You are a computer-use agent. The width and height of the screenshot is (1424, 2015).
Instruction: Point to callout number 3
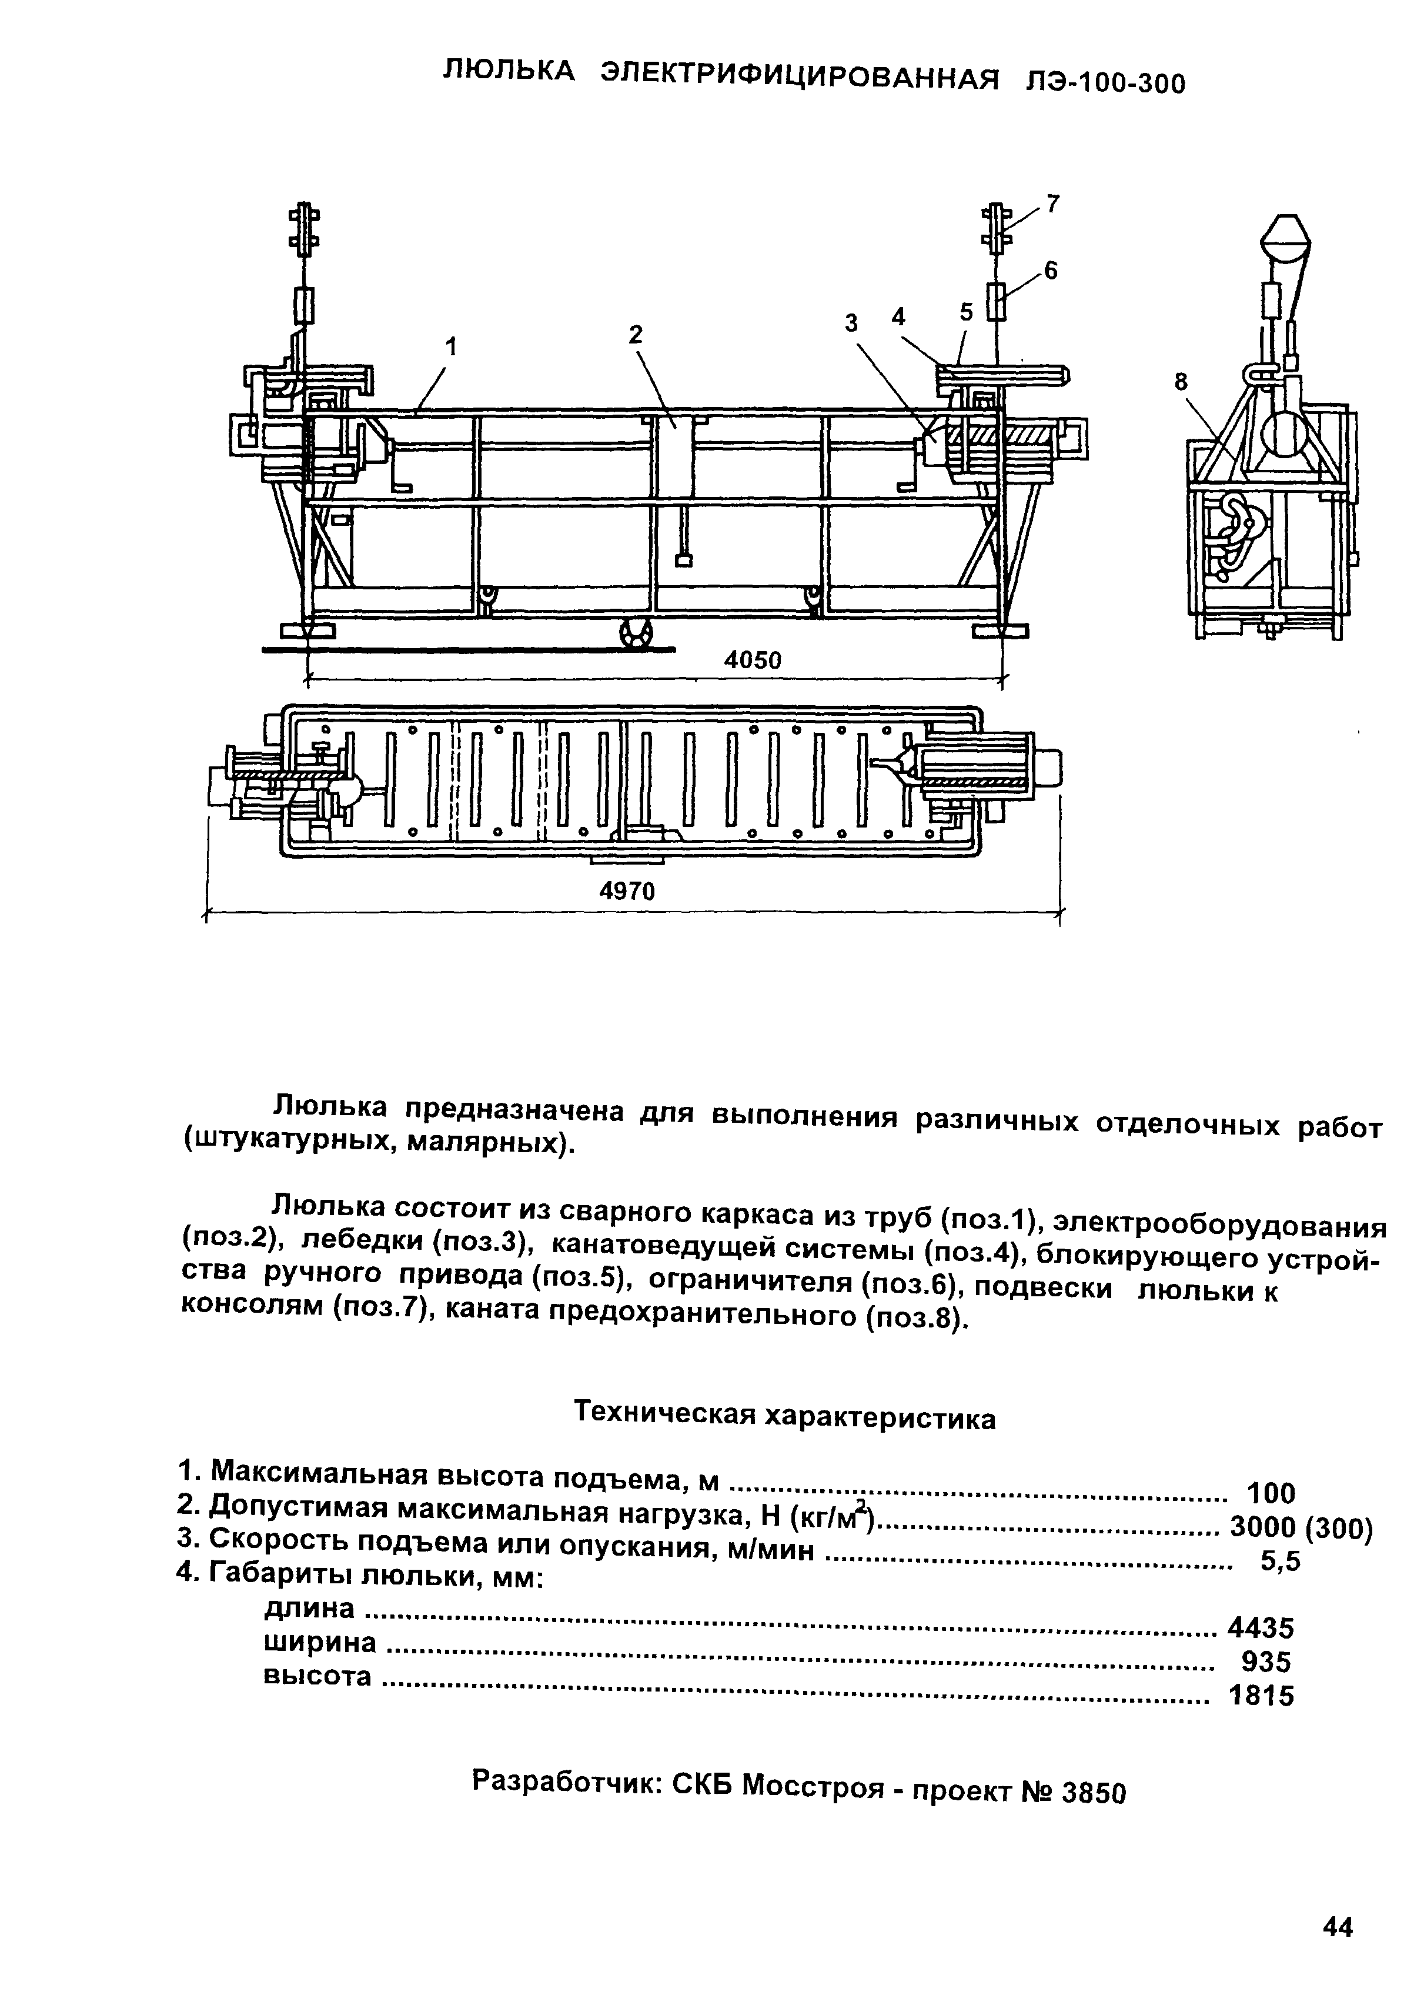click(x=850, y=324)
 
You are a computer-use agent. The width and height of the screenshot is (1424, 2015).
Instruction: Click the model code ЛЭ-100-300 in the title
click(x=1105, y=82)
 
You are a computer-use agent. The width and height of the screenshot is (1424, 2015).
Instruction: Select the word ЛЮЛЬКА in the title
click(x=510, y=70)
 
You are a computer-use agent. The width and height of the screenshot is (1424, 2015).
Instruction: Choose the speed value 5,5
click(x=1279, y=1562)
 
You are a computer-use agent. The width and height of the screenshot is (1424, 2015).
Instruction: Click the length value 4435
click(x=1261, y=1629)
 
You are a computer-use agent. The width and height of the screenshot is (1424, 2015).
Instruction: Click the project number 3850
click(x=1092, y=1792)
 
